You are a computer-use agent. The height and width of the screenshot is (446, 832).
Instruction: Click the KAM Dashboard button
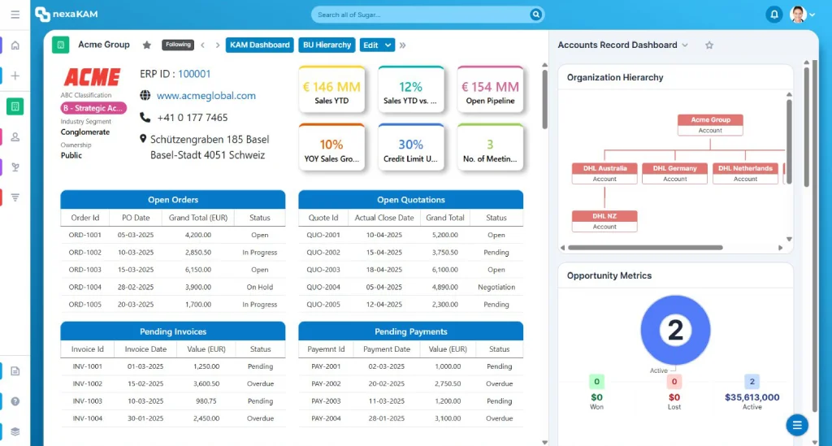[259, 45]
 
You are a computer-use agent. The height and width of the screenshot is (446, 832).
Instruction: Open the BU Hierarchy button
[327, 45]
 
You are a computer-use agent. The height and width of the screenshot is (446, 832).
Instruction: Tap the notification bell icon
[774, 15]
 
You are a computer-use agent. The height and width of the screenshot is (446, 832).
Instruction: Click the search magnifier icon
[536, 15]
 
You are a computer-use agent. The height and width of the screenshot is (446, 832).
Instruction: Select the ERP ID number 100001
[194, 74]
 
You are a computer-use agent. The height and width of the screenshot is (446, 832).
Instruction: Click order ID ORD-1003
[84, 270]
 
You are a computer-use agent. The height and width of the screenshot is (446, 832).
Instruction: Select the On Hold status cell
[259, 287]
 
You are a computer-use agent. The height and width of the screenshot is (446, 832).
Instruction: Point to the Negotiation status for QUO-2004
[496, 287]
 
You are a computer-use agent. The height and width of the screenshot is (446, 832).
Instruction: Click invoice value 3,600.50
[206, 383]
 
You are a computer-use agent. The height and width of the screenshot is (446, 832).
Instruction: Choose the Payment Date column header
[386, 349]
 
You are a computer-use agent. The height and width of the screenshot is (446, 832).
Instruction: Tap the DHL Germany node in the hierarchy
[674, 173]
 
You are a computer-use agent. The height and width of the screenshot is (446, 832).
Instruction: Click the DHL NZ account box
[604, 221]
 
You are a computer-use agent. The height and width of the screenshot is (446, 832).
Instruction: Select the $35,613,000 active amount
[752, 397]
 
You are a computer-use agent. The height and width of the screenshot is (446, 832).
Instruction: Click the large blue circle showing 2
[675, 330]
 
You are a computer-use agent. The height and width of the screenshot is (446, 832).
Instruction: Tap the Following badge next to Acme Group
[178, 45]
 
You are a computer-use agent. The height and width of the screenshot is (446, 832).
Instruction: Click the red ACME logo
[93, 77]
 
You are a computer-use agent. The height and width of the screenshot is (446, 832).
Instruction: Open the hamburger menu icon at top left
[15, 15]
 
